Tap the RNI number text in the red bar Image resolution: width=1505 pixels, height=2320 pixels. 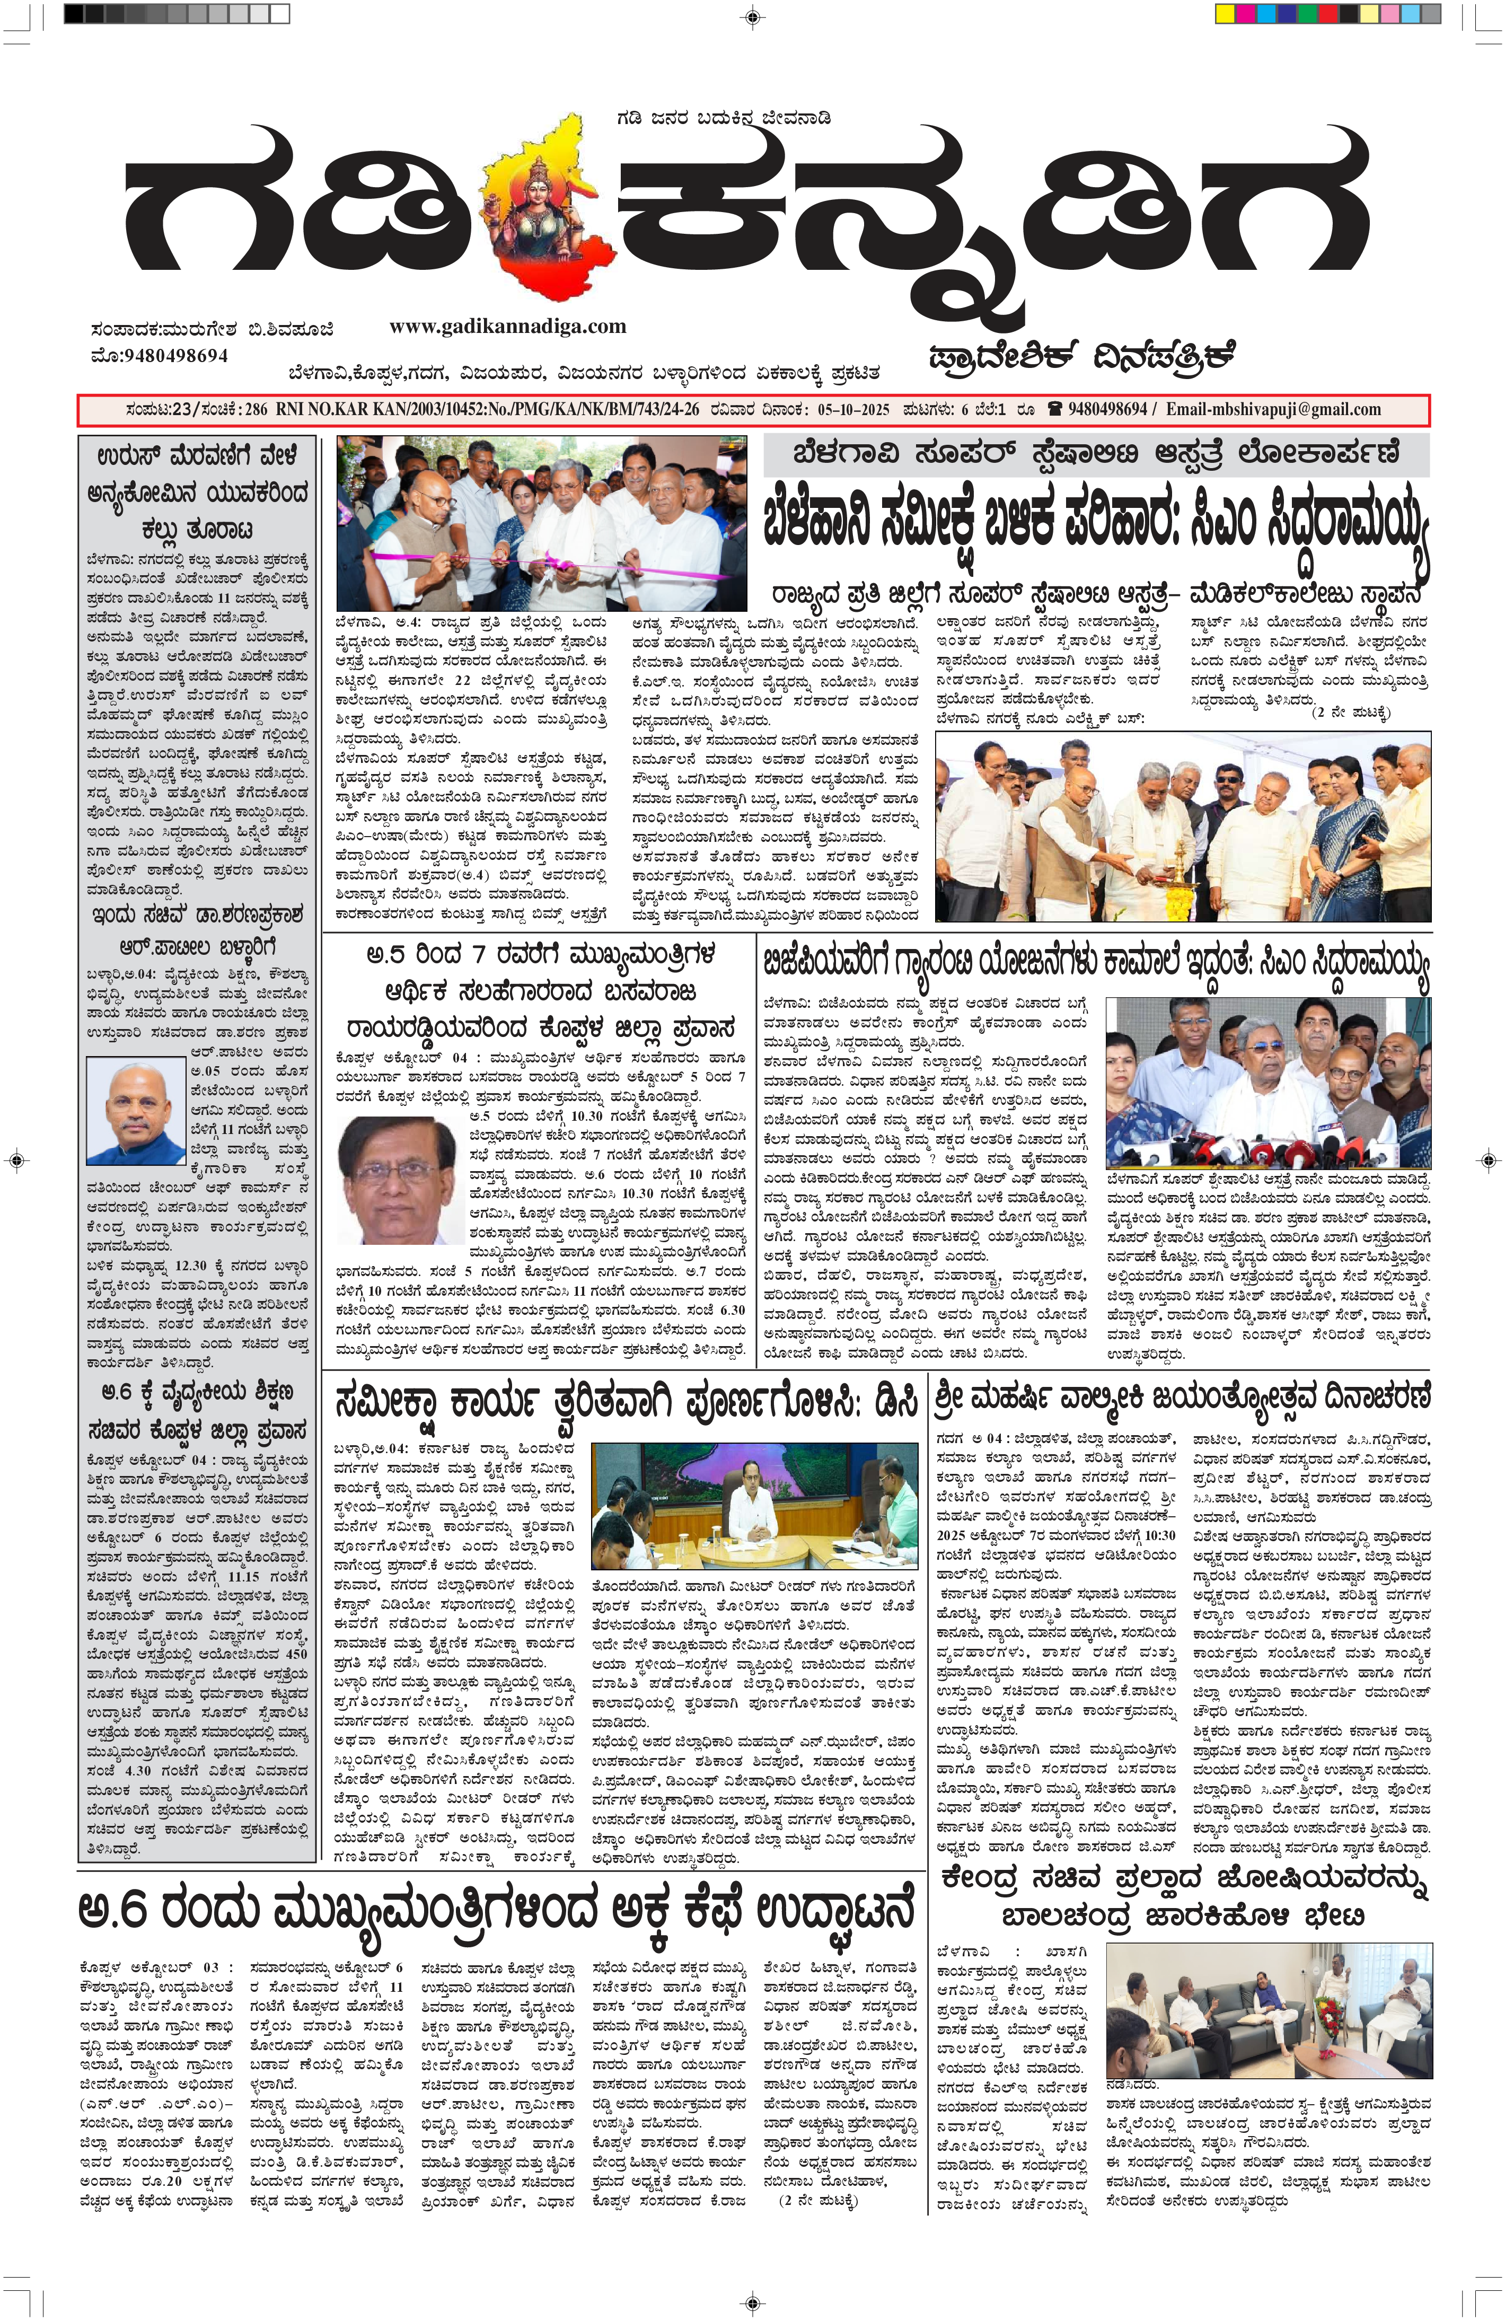click(x=487, y=409)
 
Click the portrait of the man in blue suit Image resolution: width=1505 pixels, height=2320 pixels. click(x=136, y=1111)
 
